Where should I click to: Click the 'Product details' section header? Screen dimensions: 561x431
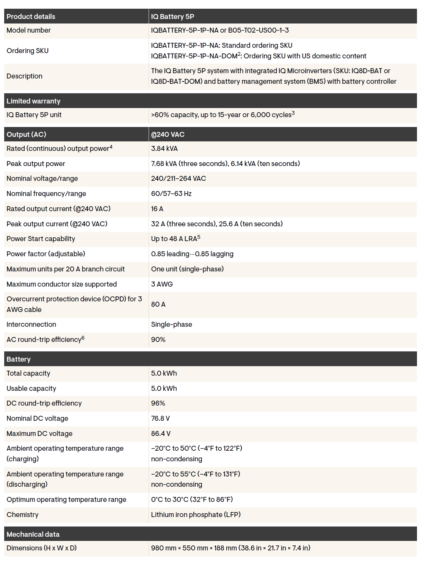tap(31, 17)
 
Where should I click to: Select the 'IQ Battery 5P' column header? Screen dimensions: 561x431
tap(172, 17)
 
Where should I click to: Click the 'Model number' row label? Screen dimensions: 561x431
tap(28, 30)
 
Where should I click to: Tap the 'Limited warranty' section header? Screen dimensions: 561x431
tap(33, 101)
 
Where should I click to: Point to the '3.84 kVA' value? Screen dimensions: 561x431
tap(164, 149)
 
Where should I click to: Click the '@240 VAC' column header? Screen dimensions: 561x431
tap(168, 135)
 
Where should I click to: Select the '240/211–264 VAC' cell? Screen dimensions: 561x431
tap(178, 179)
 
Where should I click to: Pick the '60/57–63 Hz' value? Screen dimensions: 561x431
tap(171, 194)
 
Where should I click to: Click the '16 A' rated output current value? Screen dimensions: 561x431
tap(157, 209)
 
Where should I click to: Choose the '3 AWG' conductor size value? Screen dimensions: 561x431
tap(162, 284)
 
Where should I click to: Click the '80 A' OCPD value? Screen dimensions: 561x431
tap(158, 304)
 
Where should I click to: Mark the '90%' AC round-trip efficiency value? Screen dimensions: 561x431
tap(158, 340)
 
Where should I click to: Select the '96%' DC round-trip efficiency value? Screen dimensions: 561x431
tap(158, 403)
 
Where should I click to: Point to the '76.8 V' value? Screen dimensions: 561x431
tap(160, 418)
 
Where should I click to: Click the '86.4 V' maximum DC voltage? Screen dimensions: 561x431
tap(161, 434)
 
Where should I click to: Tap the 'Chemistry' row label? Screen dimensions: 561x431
tap(22, 515)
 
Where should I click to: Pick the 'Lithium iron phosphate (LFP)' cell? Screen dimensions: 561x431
tap(196, 515)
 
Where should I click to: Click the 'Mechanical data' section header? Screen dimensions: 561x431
tap(33, 534)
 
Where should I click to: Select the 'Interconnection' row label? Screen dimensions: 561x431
tap(31, 324)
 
